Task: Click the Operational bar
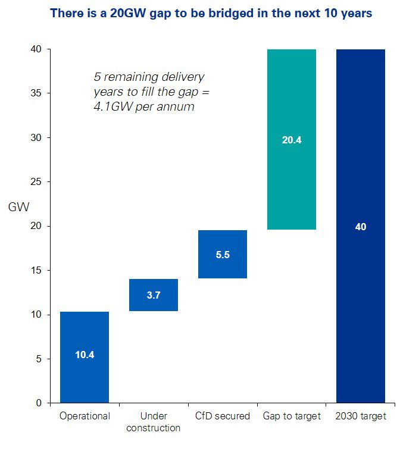(85, 333)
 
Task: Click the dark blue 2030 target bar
(361, 178)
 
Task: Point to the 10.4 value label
(85, 355)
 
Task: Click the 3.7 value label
(154, 295)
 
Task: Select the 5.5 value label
(223, 255)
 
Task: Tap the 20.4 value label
(292, 140)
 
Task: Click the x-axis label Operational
(85, 416)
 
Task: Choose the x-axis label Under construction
(154, 422)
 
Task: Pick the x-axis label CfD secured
(223, 416)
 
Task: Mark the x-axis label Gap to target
(292, 416)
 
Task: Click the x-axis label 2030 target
(361, 416)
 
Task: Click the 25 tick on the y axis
(37, 182)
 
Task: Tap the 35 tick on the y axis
(37, 93)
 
